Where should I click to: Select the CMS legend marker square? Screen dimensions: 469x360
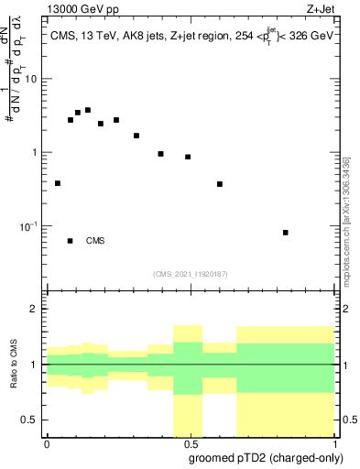pos(71,241)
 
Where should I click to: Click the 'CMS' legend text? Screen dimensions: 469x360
pos(95,241)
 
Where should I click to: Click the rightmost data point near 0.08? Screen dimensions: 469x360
pos(286,233)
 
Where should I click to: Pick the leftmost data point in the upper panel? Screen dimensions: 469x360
pos(58,183)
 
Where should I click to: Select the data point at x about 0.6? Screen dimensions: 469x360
pos(220,184)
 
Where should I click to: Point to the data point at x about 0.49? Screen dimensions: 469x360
pos(188,157)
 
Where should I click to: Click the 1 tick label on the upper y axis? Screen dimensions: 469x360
pos(35,152)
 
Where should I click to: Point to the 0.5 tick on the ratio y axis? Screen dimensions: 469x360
pos(30,420)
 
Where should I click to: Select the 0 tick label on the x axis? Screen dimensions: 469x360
pos(47,442)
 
